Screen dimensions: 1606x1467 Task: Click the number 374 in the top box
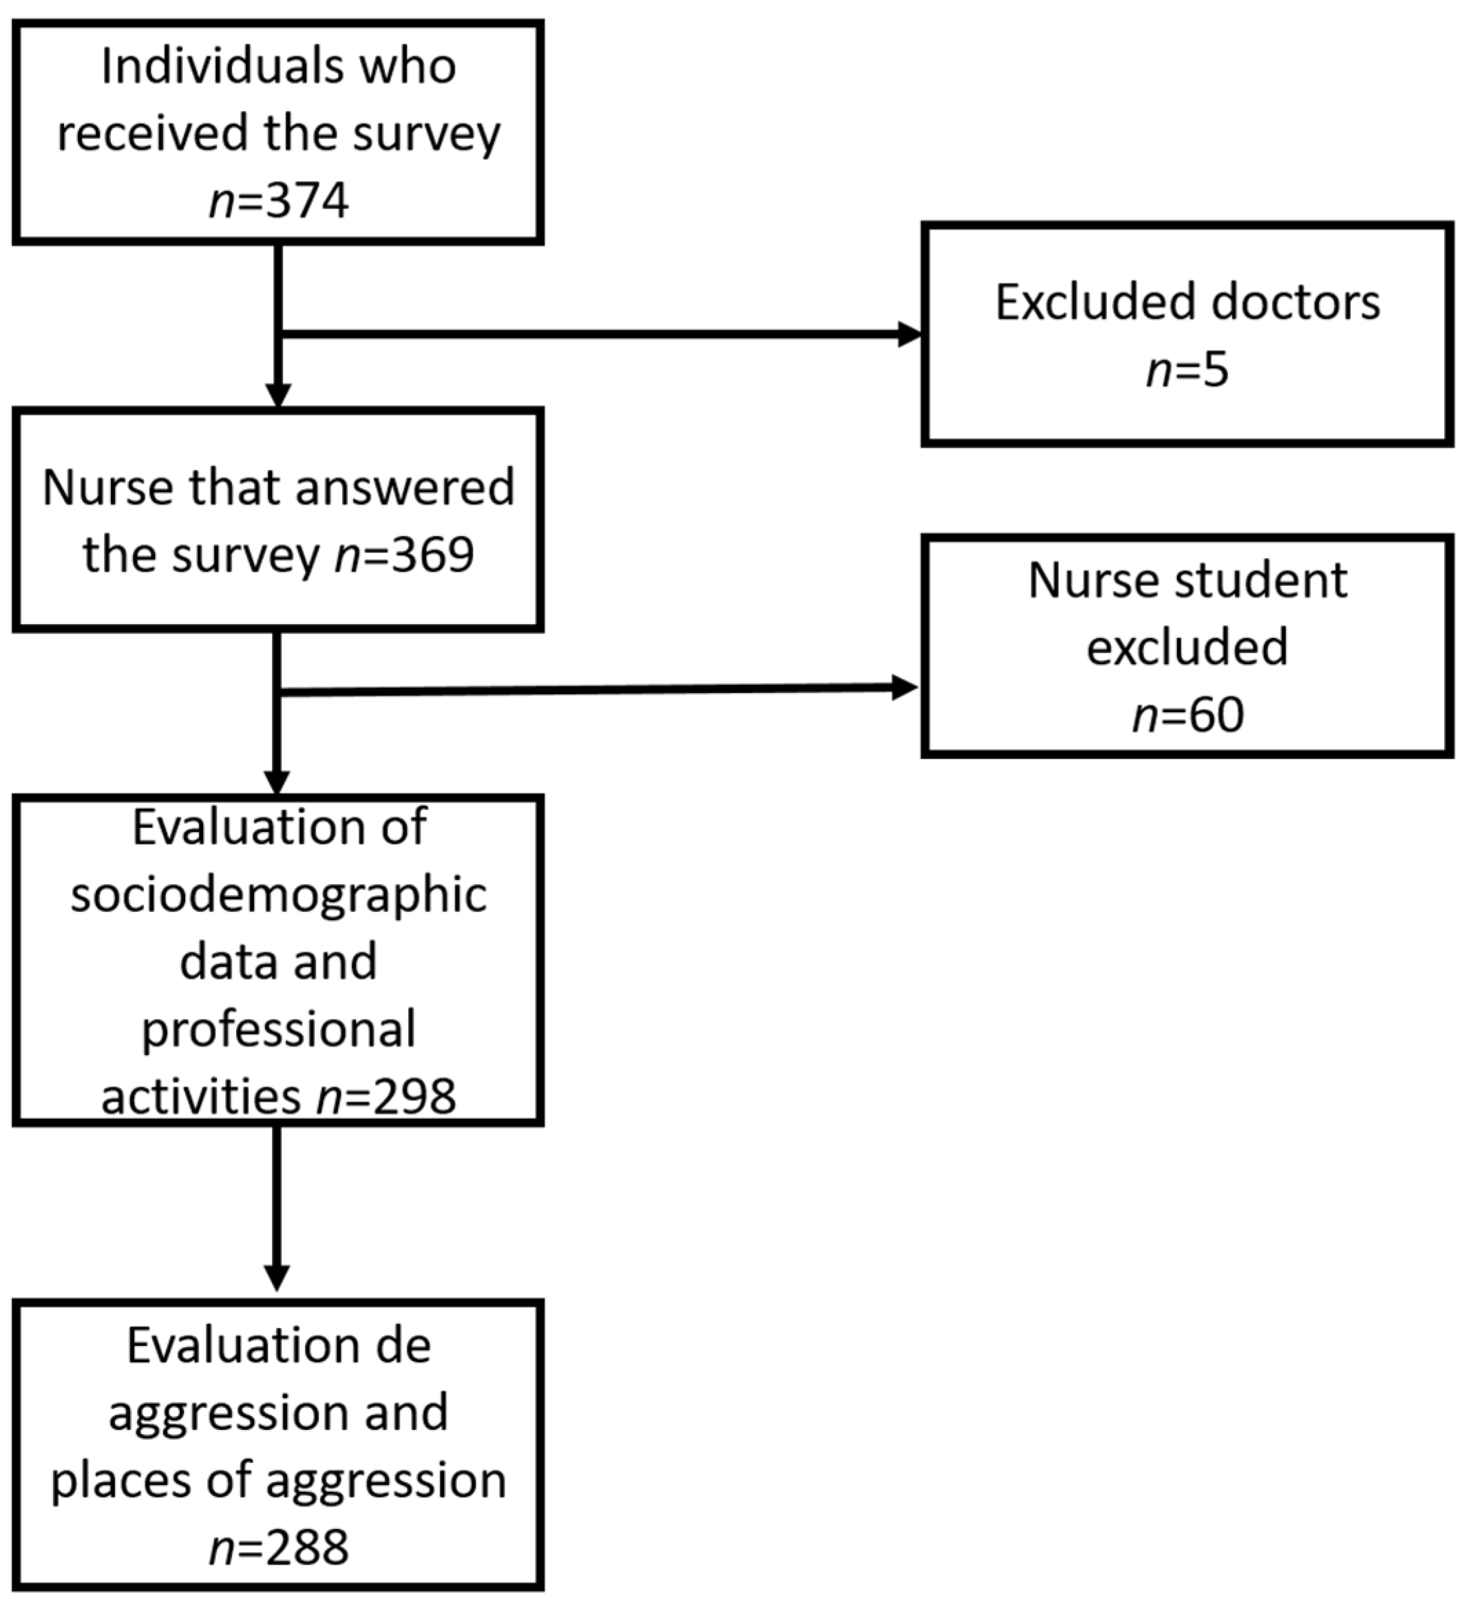(307, 201)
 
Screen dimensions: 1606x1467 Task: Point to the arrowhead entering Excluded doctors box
(909, 334)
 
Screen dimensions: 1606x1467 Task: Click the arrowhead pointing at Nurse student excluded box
(905, 687)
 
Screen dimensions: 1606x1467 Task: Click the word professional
(278, 1030)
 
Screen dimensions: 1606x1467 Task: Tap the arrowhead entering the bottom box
(277, 1278)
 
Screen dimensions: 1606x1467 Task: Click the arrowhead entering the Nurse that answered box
(277, 396)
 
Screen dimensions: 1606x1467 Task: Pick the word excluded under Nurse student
(1187, 647)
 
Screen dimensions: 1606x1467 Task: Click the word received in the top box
(154, 133)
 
